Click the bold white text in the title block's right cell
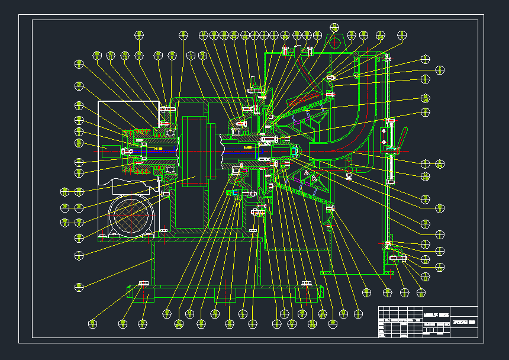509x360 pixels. (464, 322)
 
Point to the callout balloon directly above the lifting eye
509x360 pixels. (334, 28)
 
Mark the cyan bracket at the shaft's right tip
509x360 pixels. (293, 151)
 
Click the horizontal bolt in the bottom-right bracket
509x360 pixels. (397, 258)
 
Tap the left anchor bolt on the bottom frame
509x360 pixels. (143, 283)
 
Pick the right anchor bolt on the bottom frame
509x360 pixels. (306, 283)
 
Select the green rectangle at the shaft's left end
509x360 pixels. (112, 152)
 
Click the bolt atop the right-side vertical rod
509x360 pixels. (388, 57)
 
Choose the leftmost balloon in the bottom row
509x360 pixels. (92, 323)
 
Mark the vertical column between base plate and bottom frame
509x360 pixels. (153, 263)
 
